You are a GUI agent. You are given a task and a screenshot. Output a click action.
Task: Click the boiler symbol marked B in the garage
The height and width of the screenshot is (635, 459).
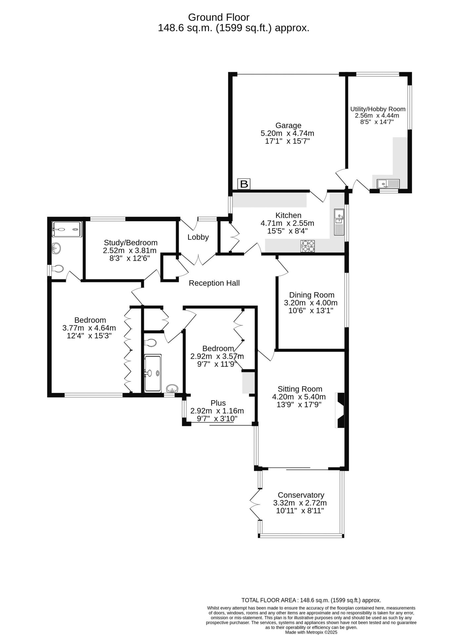click(244, 184)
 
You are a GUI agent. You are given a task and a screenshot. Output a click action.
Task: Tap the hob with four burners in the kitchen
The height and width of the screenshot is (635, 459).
click(308, 246)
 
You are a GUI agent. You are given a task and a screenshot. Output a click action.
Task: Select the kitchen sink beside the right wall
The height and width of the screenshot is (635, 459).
click(339, 222)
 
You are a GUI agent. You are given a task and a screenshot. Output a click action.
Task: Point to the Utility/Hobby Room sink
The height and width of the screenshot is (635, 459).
click(388, 183)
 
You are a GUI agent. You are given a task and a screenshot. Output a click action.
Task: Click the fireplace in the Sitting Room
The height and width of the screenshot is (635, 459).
click(340, 410)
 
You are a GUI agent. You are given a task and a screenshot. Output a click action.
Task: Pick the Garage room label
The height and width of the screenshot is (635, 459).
click(288, 126)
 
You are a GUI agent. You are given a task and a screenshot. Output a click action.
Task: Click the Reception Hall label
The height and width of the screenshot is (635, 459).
click(214, 283)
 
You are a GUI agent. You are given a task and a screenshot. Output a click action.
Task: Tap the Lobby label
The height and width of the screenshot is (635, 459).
click(198, 237)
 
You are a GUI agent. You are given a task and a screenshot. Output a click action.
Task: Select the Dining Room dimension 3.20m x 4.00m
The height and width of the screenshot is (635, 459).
click(311, 303)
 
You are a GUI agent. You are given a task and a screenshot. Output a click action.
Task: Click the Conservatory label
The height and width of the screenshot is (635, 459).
click(301, 495)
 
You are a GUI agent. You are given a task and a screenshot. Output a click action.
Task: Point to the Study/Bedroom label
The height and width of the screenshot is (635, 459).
click(131, 243)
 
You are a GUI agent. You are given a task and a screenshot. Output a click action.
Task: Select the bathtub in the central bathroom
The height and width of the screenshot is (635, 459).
click(153, 373)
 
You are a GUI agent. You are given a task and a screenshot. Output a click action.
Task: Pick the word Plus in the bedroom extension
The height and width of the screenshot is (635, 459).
click(218, 403)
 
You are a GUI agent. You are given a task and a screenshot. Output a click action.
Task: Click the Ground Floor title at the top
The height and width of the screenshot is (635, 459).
click(219, 17)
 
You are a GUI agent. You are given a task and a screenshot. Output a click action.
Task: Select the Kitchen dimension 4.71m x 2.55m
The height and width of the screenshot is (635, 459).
click(287, 223)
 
